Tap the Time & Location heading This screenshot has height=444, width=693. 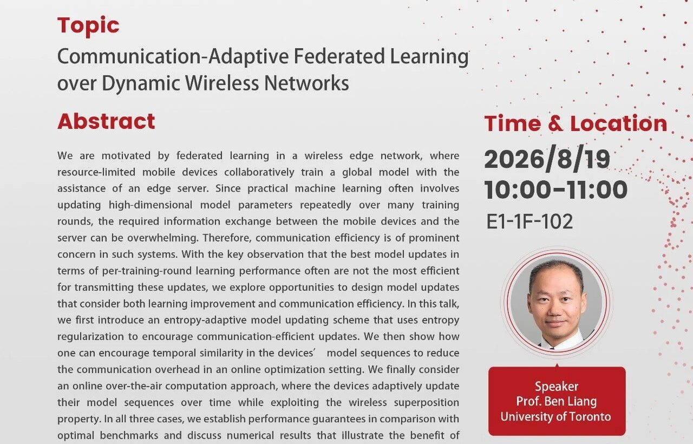pos(576,123)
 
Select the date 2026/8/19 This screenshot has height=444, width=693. pos(547,159)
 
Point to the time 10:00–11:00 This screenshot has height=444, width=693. pos(555,190)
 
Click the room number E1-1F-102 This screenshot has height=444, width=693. pos(529,221)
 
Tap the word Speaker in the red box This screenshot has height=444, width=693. pos(557,386)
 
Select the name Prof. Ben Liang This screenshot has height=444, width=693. pos(556,401)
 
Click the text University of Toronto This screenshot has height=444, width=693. pos(555,416)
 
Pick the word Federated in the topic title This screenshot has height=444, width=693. pos(339,56)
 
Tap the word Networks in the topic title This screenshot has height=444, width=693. pos(306,83)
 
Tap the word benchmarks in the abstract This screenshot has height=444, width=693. pos(129,436)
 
